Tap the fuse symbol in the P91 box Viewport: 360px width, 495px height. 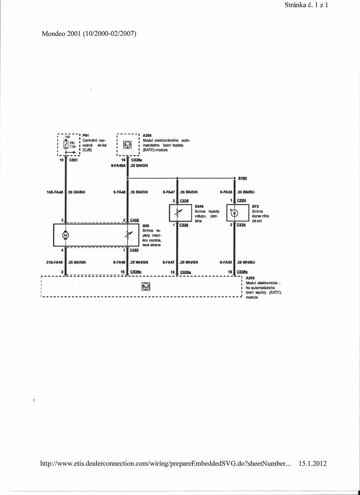click(67, 144)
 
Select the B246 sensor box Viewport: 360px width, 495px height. click(178, 213)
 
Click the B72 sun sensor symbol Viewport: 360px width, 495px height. click(234, 213)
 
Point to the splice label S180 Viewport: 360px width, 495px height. click(243, 178)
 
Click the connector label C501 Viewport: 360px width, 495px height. click(73, 160)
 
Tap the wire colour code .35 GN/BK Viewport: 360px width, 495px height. click(77, 192)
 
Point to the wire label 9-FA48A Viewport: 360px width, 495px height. click(117, 166)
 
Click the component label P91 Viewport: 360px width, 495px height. click(86, 136)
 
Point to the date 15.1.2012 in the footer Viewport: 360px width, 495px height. click(313, 463)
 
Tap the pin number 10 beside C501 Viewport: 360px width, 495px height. click(61, 160)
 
